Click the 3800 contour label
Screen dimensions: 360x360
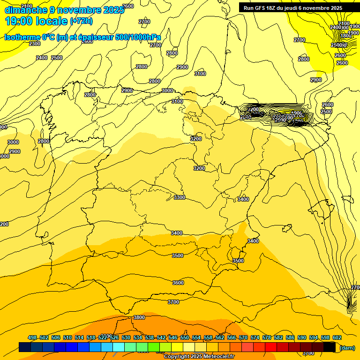(x=139, y=317)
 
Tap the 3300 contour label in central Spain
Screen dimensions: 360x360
(x=179, y=197)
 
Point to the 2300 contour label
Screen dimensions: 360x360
(x=35, y=44)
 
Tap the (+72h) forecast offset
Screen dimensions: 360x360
(x=81, y=21)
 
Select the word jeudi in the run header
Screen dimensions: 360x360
(x=305, y=8)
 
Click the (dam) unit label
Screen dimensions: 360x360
(x=347, y=347)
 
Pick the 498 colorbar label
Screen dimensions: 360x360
(x=32, y=337)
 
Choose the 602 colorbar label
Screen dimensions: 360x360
(x=337, y=337)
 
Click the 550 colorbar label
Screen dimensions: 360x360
(x=185, y=337)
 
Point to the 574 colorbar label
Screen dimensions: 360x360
(x=255, y=337)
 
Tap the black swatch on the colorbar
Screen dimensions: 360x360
(x=330, y=347)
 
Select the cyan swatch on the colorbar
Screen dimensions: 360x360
(x=119, y=347)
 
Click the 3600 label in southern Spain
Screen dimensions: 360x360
(x=178, y=283)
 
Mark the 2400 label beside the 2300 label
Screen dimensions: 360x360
(x=42, y=58)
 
